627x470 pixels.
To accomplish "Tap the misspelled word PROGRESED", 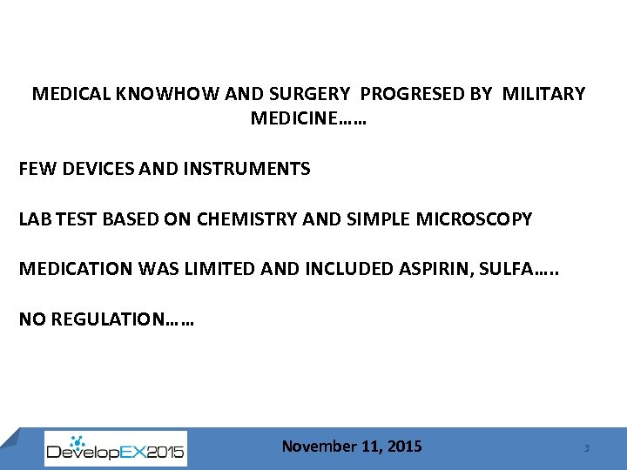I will tap(413, 94).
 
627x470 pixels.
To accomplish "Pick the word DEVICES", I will tap(90, 169).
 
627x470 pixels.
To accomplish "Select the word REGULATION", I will tap(107, 319).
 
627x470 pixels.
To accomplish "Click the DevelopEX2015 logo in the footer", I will tap(115, 449).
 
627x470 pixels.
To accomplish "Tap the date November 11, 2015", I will tap(352, 446).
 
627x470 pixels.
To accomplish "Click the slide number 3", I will tap(586, 448).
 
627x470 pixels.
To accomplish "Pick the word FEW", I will tap(35, 169).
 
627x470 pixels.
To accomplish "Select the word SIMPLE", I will tap(376, 219).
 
